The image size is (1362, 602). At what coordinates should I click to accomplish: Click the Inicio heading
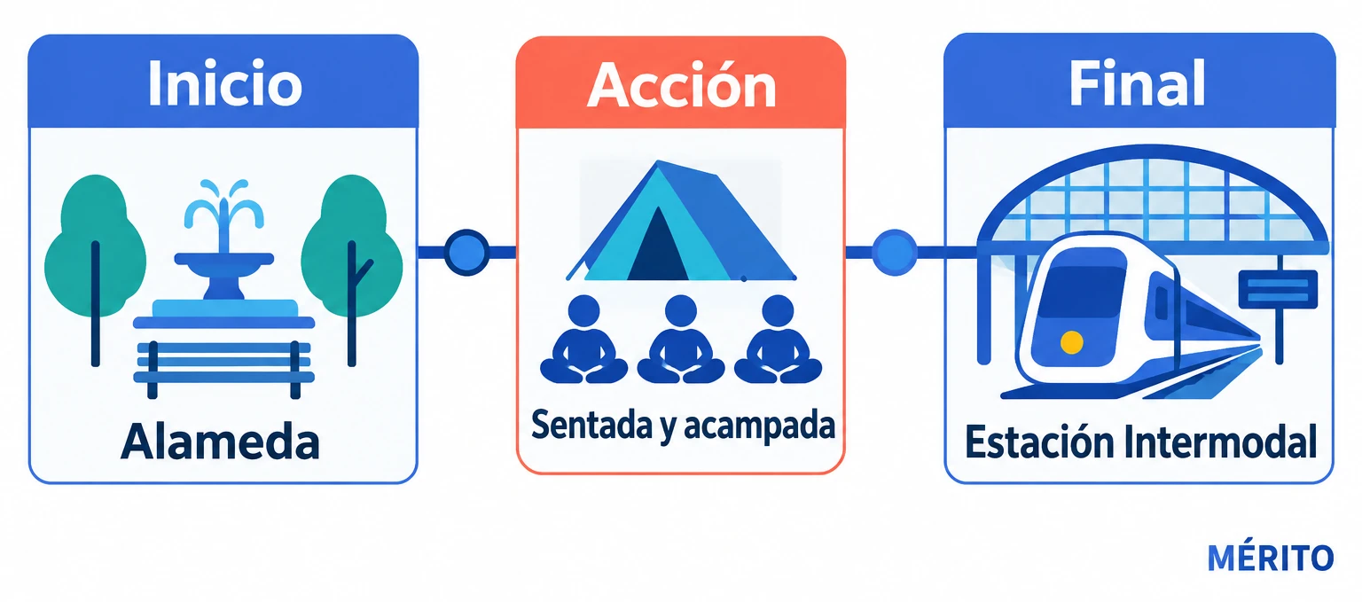pos(225,83)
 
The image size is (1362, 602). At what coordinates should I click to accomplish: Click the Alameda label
pos(220,442)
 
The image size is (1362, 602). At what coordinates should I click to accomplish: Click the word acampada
pos(759,426)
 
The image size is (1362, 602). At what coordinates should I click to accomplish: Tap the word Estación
pos(1040,442)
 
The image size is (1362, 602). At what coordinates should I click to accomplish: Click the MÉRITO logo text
pos(1270,558)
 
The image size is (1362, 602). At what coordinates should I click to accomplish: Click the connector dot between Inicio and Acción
pos(467,252)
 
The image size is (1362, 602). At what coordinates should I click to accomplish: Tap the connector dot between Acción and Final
pos(895,252)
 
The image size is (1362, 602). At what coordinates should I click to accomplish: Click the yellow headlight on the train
pos(1071,342)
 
